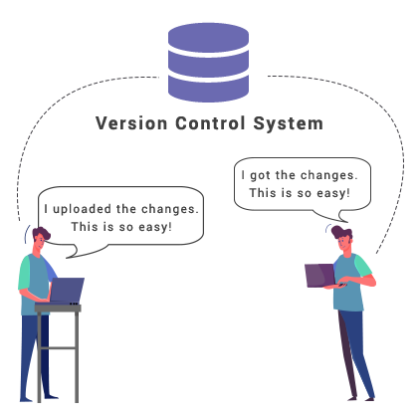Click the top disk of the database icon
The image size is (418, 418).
[x=208, y=38]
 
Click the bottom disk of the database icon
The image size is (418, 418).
[x=208, y=89]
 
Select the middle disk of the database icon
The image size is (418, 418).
[x=208, y=64]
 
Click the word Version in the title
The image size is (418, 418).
[x=126, y=124]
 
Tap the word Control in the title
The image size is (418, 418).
[x=206, y=124]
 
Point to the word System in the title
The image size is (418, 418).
[x=287, y=124]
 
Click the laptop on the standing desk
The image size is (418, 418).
[x=67, y=291]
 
